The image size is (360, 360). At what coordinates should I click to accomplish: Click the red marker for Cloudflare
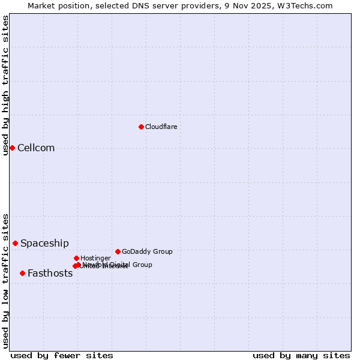point(141,127)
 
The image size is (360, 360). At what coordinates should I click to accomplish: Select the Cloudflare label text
point(161,127)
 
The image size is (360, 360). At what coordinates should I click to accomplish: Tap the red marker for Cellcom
point(12,148)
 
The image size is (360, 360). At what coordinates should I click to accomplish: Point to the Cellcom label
point(36,148)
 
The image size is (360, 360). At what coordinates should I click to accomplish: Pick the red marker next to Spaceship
point(15,243)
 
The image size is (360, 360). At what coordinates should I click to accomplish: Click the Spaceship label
point(44,243)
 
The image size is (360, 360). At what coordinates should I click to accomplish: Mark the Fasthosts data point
point(22,273)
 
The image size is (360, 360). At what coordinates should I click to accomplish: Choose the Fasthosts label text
point(50,274)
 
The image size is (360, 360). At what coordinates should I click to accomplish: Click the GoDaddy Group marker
point(118,251)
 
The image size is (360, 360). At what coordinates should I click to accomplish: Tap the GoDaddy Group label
point(147,251)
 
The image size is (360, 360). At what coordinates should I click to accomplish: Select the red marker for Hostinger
point(76,258)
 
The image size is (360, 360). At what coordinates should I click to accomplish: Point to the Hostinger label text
point(95,258)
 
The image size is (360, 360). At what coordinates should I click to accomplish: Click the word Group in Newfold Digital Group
point(142,265)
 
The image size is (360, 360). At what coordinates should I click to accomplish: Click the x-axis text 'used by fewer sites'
point(62,355)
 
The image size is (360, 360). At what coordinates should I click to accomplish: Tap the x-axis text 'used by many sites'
point(301,355)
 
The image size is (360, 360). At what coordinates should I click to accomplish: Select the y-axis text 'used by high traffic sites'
point(5,85)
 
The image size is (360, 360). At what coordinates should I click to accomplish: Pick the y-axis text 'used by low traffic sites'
point(5,280)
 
